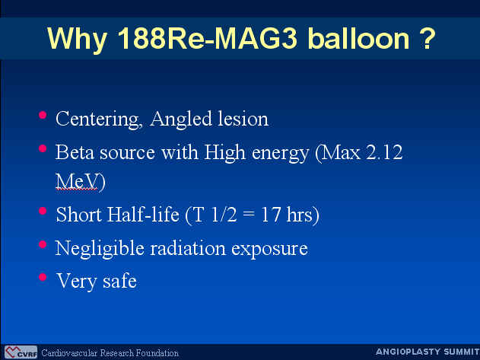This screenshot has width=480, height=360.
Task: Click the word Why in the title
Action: tap(77, 40)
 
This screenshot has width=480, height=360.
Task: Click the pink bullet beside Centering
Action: tap(43, 115)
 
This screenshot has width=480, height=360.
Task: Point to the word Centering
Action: tap(99, 119)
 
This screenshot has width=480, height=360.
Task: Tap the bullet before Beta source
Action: tap(43, 148)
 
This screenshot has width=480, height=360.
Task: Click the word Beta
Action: tap(75, 152)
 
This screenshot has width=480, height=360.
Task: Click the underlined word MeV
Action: tap(77, 181)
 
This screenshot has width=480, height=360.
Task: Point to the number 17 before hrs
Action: tap(271, 215)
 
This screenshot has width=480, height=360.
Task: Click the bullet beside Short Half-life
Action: tap(43, 211)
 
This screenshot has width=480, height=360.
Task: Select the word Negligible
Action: tap(100, 249)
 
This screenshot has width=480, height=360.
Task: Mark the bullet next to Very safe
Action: tap(43, 277)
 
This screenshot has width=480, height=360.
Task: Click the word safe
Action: tap(119, 281)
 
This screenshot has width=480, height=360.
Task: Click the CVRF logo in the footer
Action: tap(21, 352)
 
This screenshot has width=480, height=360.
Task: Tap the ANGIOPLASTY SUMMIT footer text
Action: tap(428, 352)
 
